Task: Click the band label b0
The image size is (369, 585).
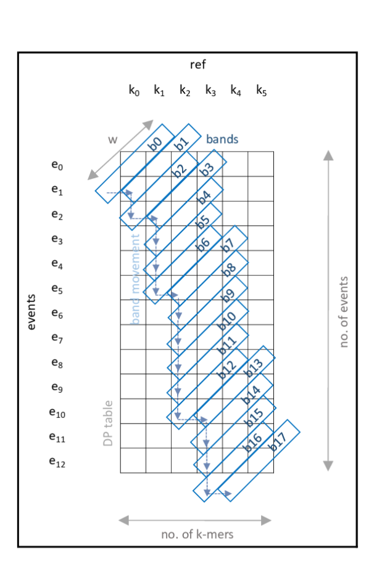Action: pos(156,143)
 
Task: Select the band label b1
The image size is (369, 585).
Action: pos(181,144)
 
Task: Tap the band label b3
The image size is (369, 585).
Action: pos(206,168)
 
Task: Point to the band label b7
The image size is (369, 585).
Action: pos(228,244)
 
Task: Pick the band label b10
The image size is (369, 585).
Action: pos(226,320)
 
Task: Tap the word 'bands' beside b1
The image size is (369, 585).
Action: pos(222,139)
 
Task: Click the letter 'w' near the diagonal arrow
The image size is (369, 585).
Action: pos(112,139)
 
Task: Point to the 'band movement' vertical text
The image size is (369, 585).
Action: pos(135,278)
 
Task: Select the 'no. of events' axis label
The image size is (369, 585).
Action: pos(344,311)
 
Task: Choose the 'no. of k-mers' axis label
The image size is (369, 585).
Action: pos(197,535)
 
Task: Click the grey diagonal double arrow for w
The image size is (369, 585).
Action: pos(120,150)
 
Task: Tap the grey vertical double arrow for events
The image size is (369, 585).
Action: pos(328,311)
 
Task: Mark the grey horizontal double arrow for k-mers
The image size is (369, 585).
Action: pos(195,520)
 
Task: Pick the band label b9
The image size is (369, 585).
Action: pos(228,295)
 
